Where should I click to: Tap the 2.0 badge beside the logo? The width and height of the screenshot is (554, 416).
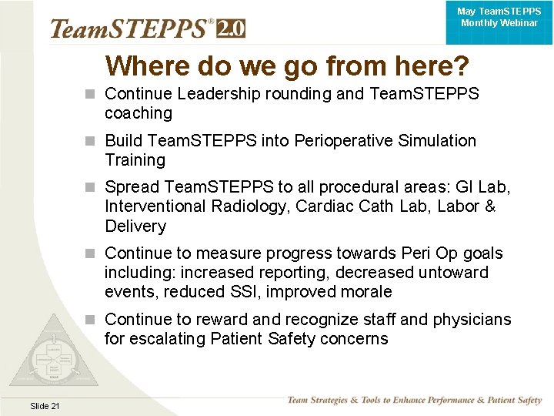[231, 29]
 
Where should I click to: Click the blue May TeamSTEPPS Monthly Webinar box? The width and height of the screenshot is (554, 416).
[499, 18]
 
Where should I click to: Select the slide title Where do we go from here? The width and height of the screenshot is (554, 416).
[287, 66]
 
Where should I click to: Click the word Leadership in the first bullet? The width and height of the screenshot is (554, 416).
[212, 94]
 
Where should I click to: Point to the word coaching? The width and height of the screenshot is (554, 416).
[138, 113]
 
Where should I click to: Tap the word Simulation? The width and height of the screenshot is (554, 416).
[438, 141]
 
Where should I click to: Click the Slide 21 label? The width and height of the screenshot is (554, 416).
[45, 406]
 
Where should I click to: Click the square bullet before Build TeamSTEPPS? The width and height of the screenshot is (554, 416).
[92, 142]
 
